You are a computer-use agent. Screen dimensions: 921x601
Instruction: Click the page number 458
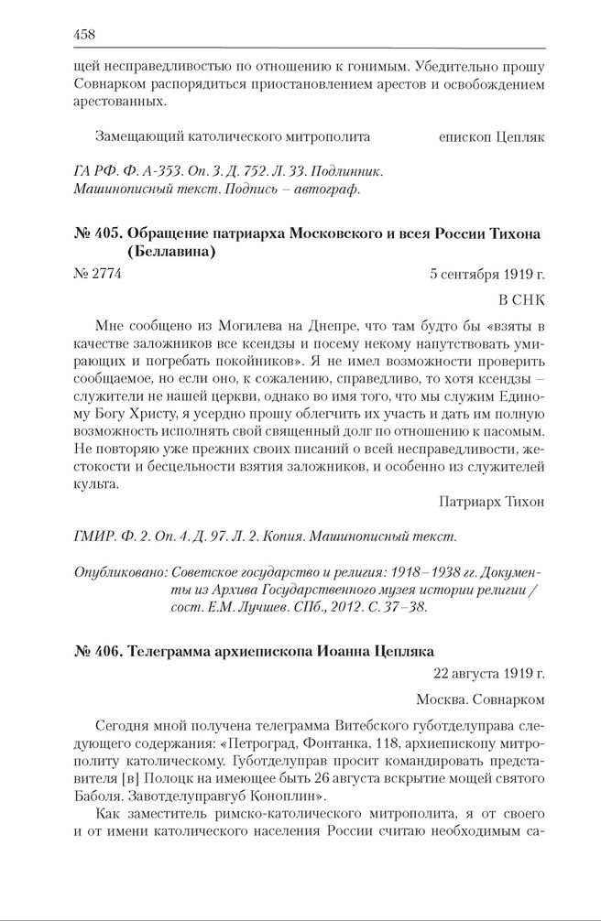point(84,35)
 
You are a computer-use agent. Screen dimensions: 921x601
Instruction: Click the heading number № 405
point(96,234)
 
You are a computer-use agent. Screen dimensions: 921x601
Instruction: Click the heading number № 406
point(96,651)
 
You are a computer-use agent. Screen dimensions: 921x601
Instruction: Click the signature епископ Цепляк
point(492,136)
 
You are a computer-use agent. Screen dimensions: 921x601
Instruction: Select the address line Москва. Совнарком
point(480,699)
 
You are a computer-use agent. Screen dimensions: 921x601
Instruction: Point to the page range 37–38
point(403,610)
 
